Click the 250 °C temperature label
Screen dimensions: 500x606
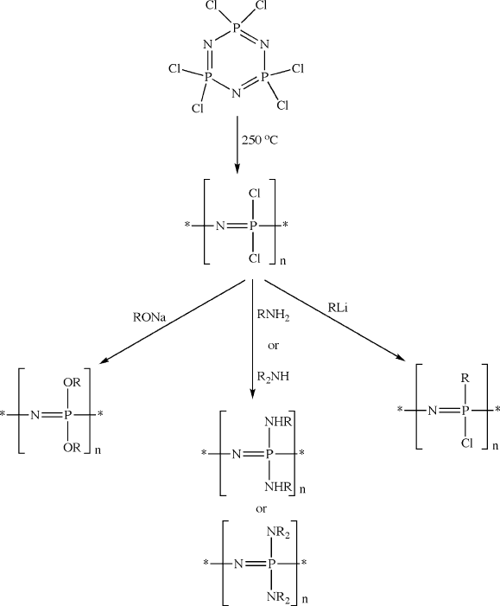[x=259, y=140]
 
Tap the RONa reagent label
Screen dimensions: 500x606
[x=149, y=317]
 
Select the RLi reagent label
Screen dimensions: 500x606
[x=338, y=308]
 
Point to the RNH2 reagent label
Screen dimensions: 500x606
[x=274, y=316]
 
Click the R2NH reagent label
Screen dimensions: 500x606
[x=273, y=377]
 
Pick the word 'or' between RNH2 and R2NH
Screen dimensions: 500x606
[x=273, y=346]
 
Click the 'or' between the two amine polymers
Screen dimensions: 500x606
[x=261, y=509]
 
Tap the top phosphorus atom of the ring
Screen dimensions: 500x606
[x=237, y=28]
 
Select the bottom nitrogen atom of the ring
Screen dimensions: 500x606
[x=237, y=93]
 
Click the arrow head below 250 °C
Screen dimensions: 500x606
[x=237, y=169]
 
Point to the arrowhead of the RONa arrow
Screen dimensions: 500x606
[x=104, y=361]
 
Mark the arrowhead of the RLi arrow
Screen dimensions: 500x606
[x=401, y=358]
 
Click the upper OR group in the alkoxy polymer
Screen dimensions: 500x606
[x=72, y=383]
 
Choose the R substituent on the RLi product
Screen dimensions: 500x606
[x=465, y=379]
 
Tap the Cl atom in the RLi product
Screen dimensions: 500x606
[x=467, y=443]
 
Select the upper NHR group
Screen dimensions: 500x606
[x=278, y=422]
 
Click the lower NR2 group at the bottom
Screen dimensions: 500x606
[x=278, y=597]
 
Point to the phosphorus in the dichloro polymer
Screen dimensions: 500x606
[x=252, y=226]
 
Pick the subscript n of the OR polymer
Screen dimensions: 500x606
[x=98, y=450]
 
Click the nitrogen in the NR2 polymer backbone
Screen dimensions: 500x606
[x=238, y=564]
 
